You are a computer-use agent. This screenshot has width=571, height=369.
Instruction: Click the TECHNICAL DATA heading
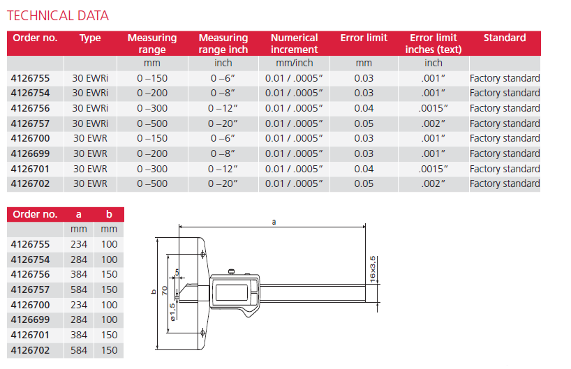(x=58, y=15)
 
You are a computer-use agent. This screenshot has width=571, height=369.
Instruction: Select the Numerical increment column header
(x=294, y=43)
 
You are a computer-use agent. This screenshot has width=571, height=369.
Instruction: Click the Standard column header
(x=504, y=38)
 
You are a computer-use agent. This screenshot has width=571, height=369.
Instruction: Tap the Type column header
(x=90, y=38)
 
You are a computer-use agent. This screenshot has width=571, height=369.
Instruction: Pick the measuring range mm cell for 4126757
(x=151, y=123)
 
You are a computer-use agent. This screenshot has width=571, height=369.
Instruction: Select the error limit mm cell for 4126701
(x=364, y=169)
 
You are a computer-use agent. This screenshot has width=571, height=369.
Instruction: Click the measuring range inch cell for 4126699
(x=223, y=153)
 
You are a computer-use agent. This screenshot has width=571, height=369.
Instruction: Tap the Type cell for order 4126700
(x=90, y=138)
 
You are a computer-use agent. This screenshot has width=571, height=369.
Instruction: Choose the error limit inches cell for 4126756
(x=433, y=108)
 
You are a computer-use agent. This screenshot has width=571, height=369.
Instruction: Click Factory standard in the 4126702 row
(x=504, y=184)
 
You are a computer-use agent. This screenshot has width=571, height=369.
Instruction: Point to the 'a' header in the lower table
(x=79, y=214)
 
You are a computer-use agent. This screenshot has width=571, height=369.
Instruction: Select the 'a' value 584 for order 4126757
(x=79, y=289)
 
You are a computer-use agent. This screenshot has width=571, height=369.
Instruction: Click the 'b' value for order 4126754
(x=110, y=259)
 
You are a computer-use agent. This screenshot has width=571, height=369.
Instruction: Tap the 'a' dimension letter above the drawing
(x=273, y=220)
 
